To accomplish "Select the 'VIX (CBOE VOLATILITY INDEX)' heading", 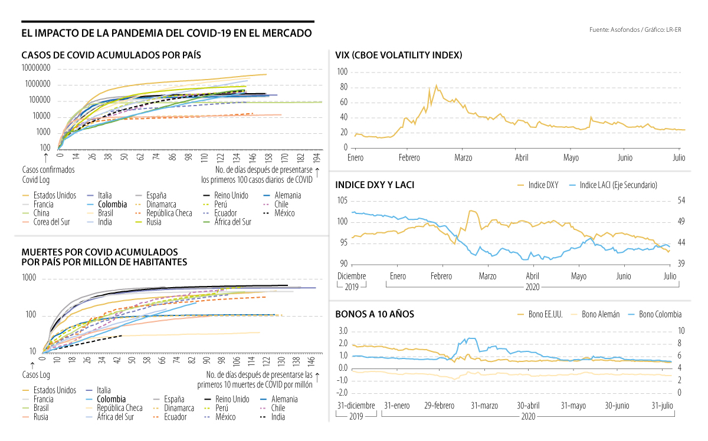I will pos(398,55).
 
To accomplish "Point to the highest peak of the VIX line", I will pos(436,85).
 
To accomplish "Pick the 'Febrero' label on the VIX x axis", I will pos(409,158).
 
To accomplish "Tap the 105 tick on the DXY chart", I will pos(342,200).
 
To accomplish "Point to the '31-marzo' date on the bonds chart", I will pos(484,406).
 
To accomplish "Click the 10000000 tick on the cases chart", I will pos(36,68).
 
